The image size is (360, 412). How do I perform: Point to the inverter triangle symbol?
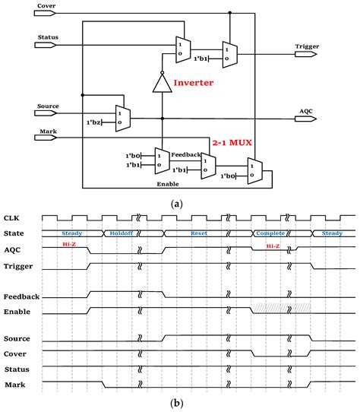(163, 82)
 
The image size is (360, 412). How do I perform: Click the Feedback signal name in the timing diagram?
(21, 296)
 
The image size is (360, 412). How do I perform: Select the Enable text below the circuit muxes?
(168, 184)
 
